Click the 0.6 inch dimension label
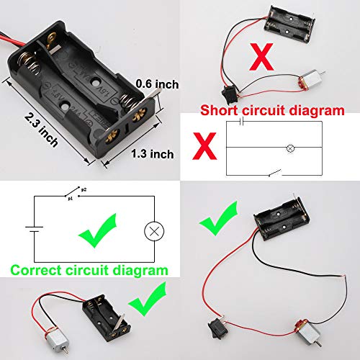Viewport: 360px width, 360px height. pyautogui.click(x=156, y=84)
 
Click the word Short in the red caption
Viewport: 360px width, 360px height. pyautogui.click(x=217, y=111)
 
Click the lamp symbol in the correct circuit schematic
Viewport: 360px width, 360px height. pyautogui.click(x=153, y=231)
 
